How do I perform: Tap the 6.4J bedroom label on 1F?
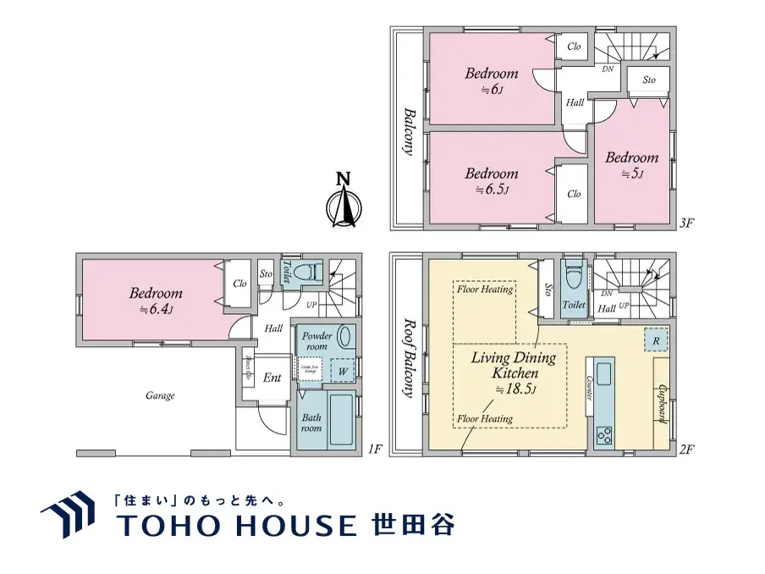[x=156, y=301]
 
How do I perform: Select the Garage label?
[x=159, y=395]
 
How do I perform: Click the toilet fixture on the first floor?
[x=311, y=272]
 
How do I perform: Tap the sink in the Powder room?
[x=345, y=336]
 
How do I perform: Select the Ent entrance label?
[x=272, y=378]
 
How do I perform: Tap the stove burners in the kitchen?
[x=606, y=436]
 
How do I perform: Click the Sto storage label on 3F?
[x=649, y=80]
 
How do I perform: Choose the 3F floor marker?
[x=686, y=224]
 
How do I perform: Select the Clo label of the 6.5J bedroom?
[x=575, y=194]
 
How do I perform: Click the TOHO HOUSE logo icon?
[x=68, y=515]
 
